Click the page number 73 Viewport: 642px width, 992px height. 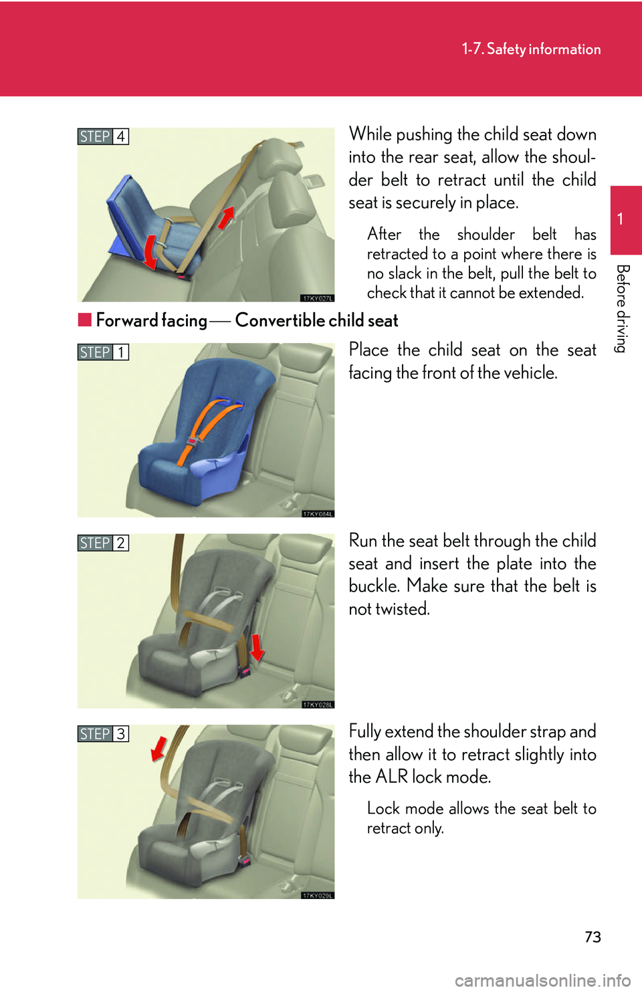coord(593,937)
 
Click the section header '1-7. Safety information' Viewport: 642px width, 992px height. coord(531,49)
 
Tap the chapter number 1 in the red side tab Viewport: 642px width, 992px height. coord(621,219)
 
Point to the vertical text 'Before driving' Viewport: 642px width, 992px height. coord(622,308)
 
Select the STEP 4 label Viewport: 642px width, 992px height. coord(103,136)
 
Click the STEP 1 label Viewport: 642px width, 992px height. coord(103,352)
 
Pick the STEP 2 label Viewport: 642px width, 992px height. coord(103,543)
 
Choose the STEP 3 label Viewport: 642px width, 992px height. coord(103,734)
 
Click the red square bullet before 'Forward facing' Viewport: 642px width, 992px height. coord(84,320)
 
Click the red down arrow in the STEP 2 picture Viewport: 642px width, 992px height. coord(257,647)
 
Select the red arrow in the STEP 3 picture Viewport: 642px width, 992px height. coord(158,749)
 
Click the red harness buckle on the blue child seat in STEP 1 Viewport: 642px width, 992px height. coord(193,441)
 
